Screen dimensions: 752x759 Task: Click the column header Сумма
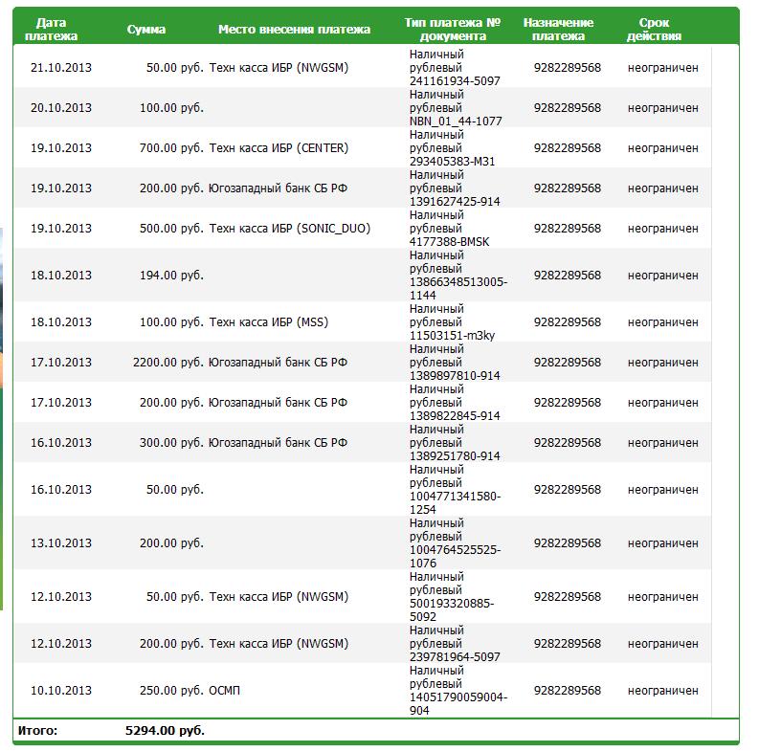pos(145,29)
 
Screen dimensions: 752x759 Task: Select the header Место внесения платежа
pos(294,29)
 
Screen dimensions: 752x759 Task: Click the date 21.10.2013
pos(61,68)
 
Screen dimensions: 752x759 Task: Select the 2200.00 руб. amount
pos(167,363)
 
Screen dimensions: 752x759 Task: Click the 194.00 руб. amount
pos(171,276)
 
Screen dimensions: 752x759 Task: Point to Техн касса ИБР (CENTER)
pos(279,148)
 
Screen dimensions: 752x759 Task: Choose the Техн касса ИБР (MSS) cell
pos(268,322)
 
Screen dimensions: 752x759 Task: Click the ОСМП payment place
pos(225,691)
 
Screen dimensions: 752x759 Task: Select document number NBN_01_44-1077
pos(456,122)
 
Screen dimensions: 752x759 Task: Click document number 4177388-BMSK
pos(449,242)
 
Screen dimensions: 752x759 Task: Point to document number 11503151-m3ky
pos(453,336)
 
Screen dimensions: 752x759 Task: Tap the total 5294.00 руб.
pos(165,731)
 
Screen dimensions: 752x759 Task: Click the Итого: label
pos(37,731)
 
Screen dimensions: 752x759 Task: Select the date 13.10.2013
pos(61,543)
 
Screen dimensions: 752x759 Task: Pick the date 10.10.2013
pos(61,691)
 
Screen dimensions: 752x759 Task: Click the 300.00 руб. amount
pos(171,443)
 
